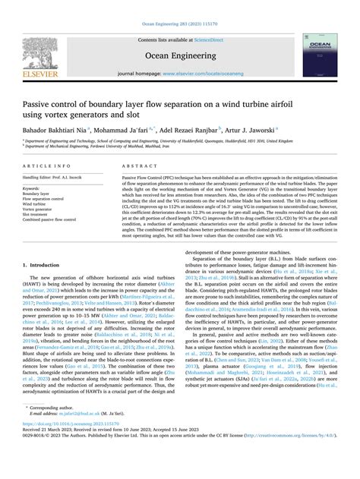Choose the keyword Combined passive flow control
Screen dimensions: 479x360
click(x=49, y=219)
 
